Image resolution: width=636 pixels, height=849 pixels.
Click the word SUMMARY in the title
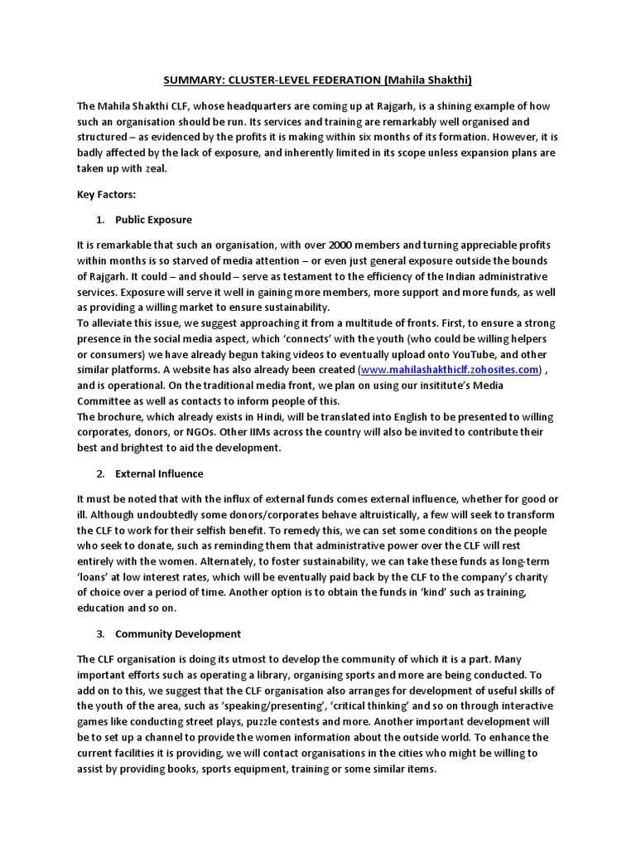coord(189,80)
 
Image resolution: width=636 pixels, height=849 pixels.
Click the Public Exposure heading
coord(153,220)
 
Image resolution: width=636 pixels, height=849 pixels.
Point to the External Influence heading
coord(159,473)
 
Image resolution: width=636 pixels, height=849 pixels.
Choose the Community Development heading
coord(178,633)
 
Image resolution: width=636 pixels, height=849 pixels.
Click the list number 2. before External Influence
coord(100,473)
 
